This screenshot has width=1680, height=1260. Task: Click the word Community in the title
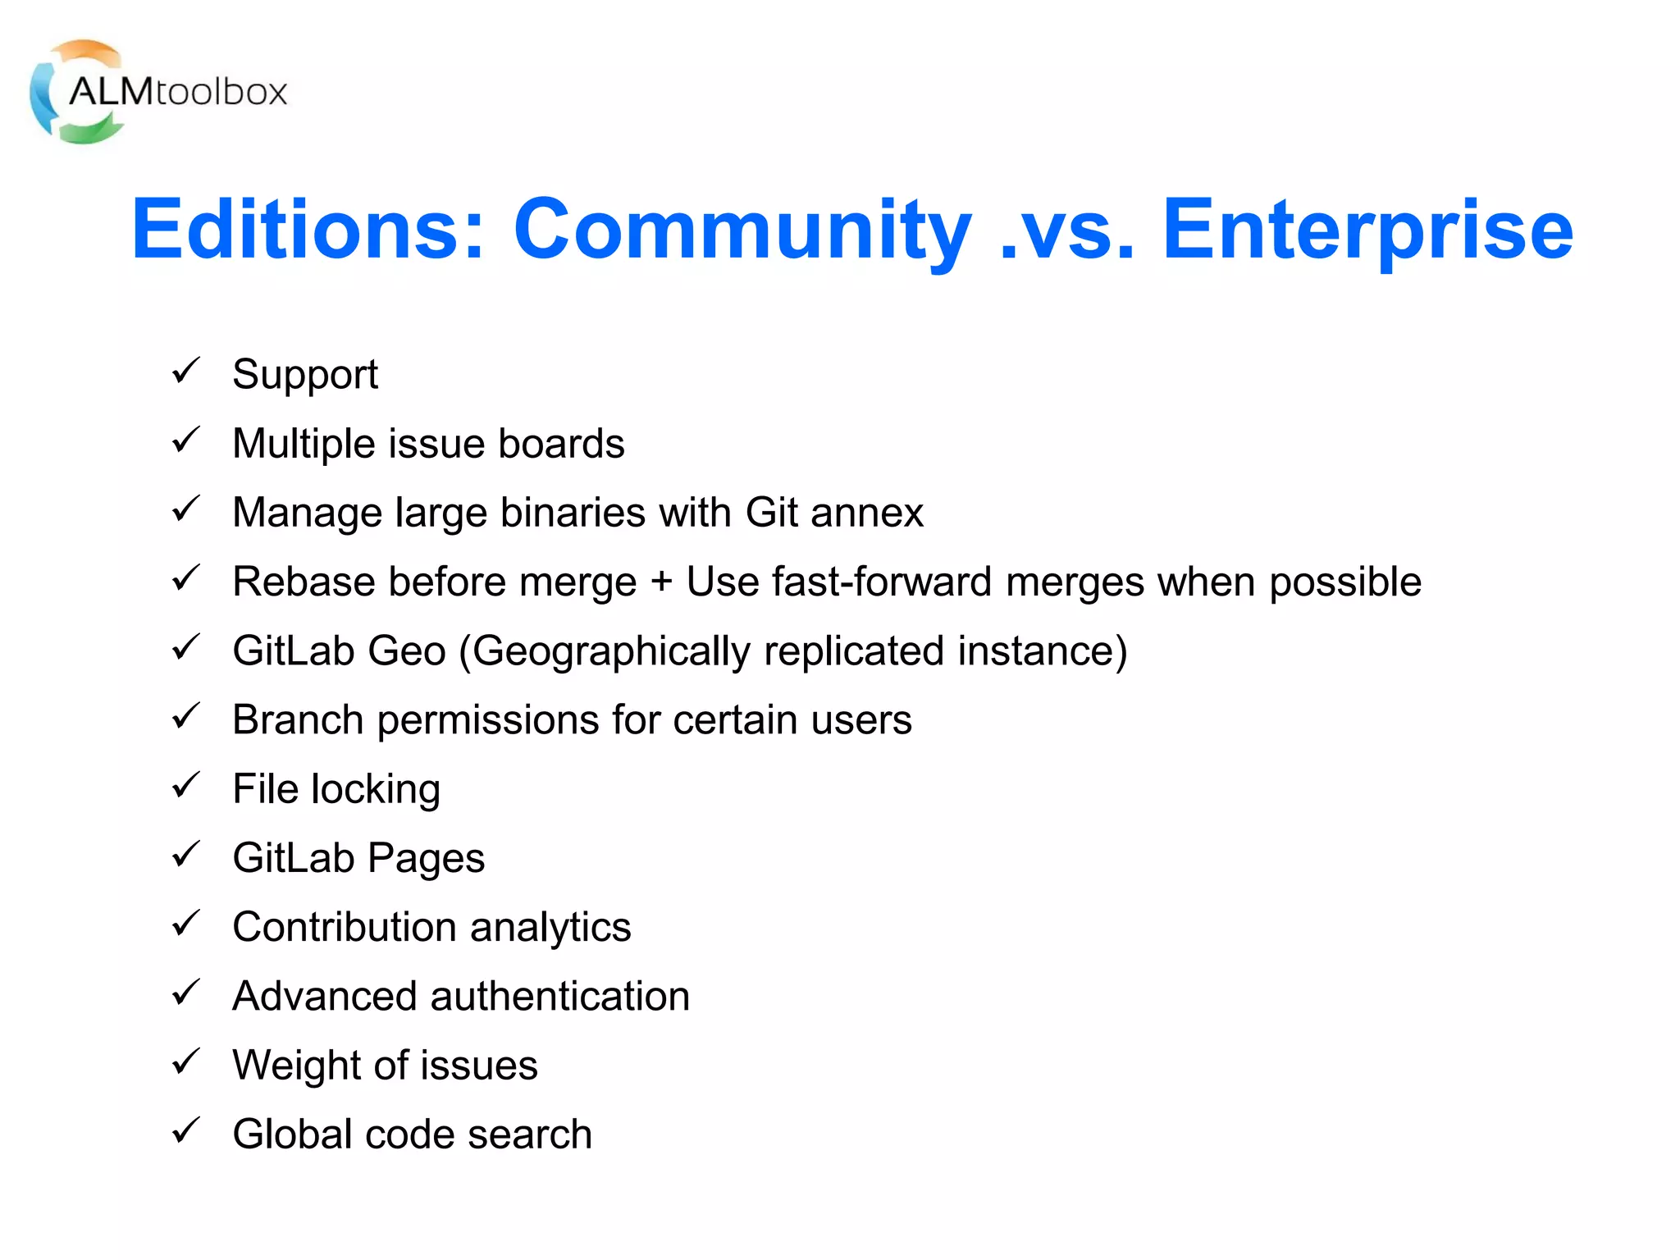(x=742, y=231)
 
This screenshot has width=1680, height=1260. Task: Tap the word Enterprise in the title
(x=1367, y=231)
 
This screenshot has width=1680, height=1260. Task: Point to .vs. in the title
(x=1067, y=232)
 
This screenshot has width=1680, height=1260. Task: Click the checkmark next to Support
(x=186, y=371)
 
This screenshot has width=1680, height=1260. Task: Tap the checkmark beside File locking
(x=186, y=786)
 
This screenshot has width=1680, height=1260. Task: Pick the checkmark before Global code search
(x=186, y=1131)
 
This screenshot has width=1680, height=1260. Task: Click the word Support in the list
(x=305, y=376)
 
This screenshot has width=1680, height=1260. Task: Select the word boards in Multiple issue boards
(x=561, y=444)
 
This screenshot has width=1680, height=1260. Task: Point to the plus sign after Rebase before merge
(x=660, y=582)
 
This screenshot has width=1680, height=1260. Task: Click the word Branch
(x=298, y=720)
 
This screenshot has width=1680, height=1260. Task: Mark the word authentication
(x=560, y=997)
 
